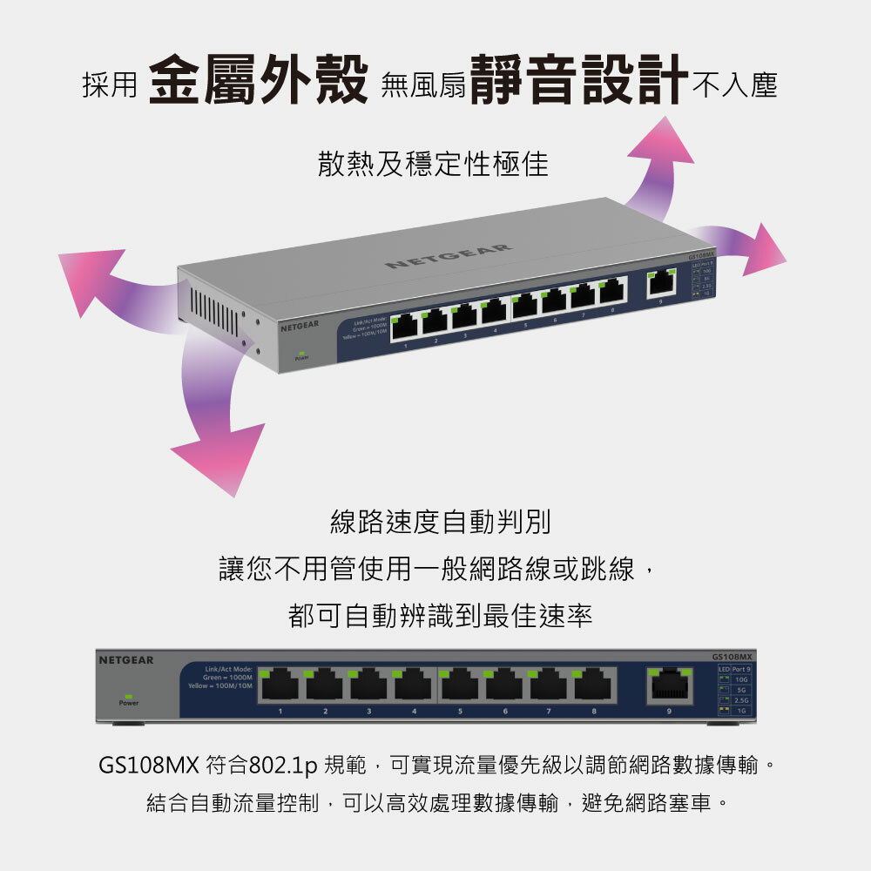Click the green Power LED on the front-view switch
click(128, 697)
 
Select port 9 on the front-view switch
click(669, 685)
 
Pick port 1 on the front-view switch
click(280, 685)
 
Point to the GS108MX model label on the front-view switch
click(732, 656)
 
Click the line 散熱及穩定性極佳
click(433, 163)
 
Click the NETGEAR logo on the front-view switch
click(125, 660)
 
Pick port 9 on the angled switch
click(663, 281)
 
